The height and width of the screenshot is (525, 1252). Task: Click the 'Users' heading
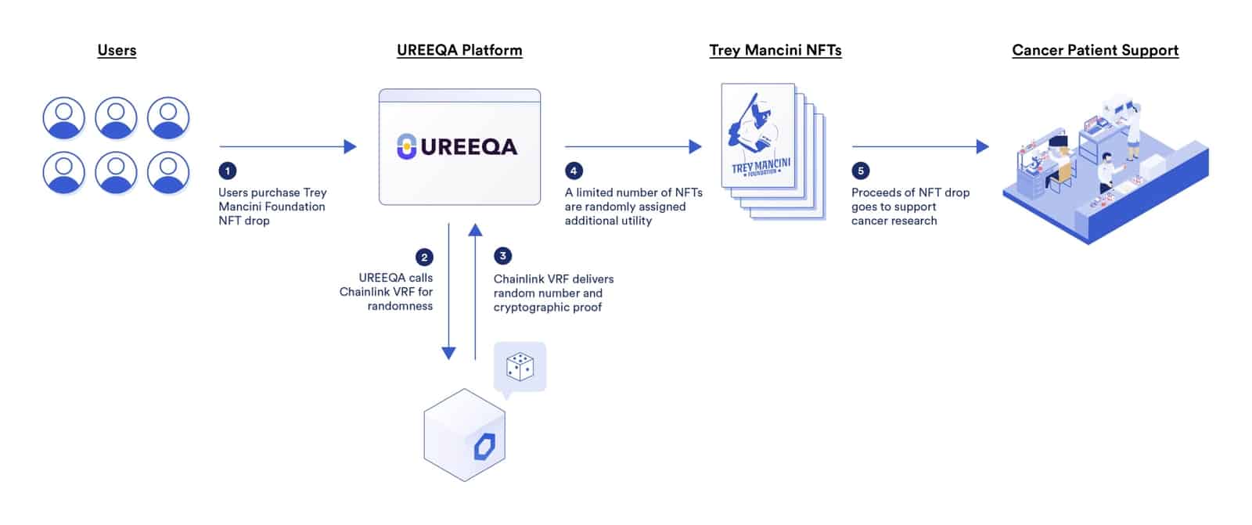coord(117,50)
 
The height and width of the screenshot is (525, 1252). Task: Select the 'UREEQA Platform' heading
coord(459,50)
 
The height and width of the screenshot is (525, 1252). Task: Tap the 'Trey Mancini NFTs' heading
coord(775,50)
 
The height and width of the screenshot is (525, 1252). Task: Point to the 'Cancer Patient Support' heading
coord(1095,50)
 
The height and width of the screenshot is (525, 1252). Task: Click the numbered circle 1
coord(228,171)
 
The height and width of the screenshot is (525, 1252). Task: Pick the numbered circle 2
coord(424,257)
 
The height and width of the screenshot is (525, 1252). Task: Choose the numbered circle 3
coord(503,256)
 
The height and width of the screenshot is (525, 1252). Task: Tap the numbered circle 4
coord(574,171)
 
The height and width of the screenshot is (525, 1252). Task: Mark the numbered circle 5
coord(860,171)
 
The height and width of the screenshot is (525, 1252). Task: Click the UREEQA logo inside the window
coord(458,146)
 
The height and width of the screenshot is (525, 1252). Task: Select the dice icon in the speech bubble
coord(520,366)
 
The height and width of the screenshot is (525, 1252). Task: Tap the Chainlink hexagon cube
coord(465,435)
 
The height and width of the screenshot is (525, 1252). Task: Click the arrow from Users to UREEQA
coord(287,146)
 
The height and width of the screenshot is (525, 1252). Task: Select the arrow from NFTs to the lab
coord(919,146)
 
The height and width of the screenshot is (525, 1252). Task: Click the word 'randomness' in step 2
coord(400,306)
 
